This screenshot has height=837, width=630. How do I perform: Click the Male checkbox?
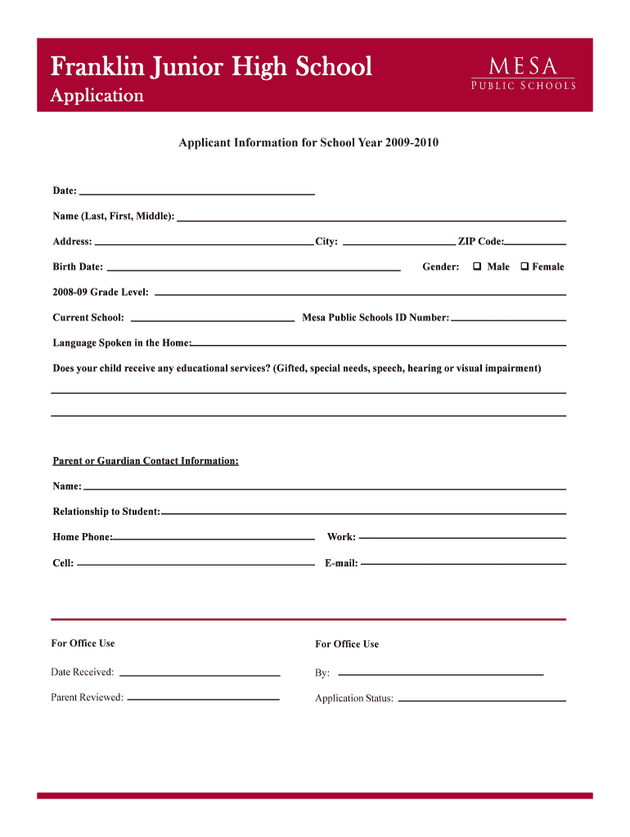(476, 266)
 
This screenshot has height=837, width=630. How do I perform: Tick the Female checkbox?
(524, 266)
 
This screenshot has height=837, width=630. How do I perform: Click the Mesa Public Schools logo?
(522, 73)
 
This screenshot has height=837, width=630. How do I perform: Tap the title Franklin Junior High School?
(211, 66)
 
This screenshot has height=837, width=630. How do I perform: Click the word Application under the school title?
(97, 96)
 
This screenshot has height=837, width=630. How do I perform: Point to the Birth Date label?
(78, 266)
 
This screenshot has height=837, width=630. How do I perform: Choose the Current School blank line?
(213, 318)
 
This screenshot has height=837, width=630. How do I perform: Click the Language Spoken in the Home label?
(122, 342)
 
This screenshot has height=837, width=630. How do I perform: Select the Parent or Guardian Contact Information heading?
(146, 461)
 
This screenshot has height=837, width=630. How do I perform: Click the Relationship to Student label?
(106, 512)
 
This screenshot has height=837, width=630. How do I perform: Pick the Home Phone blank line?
(214, 538)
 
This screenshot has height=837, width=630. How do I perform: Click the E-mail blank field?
(463, 563)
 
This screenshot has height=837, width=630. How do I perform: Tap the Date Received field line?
(200, 674)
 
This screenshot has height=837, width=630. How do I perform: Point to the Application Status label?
(354, 699)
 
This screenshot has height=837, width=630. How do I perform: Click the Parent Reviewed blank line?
(203, 699)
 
